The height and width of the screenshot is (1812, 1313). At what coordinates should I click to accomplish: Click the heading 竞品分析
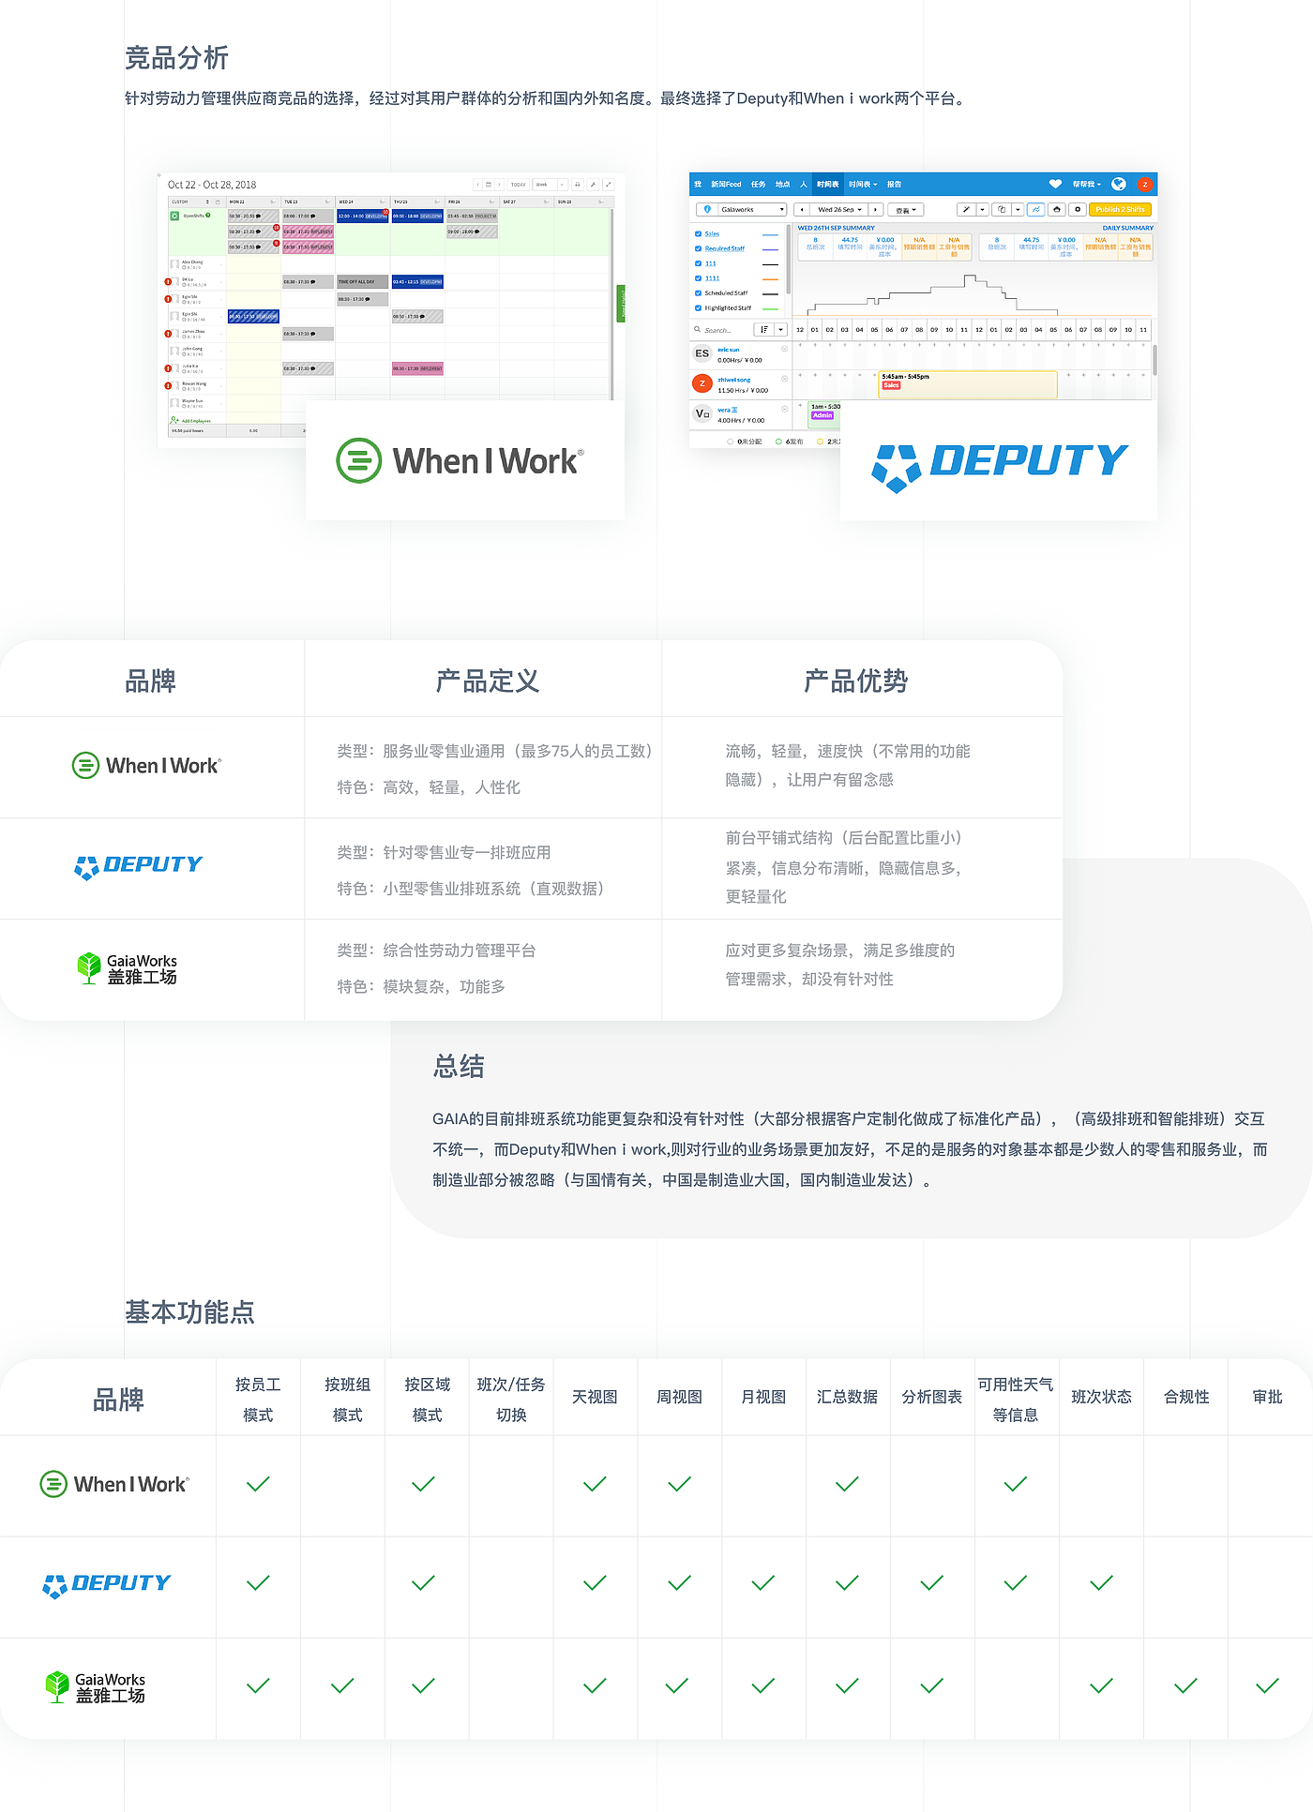[176, 58]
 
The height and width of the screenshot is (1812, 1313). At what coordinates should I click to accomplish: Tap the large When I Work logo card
[464, 461]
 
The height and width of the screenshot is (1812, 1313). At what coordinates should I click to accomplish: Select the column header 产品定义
[487, 681]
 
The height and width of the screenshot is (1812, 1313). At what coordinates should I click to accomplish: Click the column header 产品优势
[855, 681]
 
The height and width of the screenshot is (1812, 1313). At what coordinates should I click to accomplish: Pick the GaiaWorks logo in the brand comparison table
[127, 968]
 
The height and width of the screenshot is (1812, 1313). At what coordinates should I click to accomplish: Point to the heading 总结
[459, 1067]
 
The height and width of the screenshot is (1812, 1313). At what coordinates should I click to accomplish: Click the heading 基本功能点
[189, 1312]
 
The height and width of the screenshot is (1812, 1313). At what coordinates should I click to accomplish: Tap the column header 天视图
[595, 1397]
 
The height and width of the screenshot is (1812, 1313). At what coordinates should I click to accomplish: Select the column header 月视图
[763, 1397]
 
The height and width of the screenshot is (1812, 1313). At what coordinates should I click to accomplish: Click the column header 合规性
[1186, 1397]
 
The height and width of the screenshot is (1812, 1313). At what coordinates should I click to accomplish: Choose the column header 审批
[1267, 1397]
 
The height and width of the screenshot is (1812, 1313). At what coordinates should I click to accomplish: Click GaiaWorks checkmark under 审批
[1267, 1685]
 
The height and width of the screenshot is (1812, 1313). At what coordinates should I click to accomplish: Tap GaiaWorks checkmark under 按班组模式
[343, 1685]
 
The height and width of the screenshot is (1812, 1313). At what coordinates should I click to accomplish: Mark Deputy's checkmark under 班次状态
[1101, 1583]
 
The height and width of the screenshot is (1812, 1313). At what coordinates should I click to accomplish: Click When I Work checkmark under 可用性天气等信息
[1015, 1484]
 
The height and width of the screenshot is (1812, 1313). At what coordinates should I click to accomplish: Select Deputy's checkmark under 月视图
[763, 1583]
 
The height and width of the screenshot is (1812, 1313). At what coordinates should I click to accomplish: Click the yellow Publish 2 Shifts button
[1121, 210]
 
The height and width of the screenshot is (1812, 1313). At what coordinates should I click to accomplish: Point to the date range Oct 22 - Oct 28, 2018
[212, 185]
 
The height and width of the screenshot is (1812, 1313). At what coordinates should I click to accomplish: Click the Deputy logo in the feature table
[107, 1584]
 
